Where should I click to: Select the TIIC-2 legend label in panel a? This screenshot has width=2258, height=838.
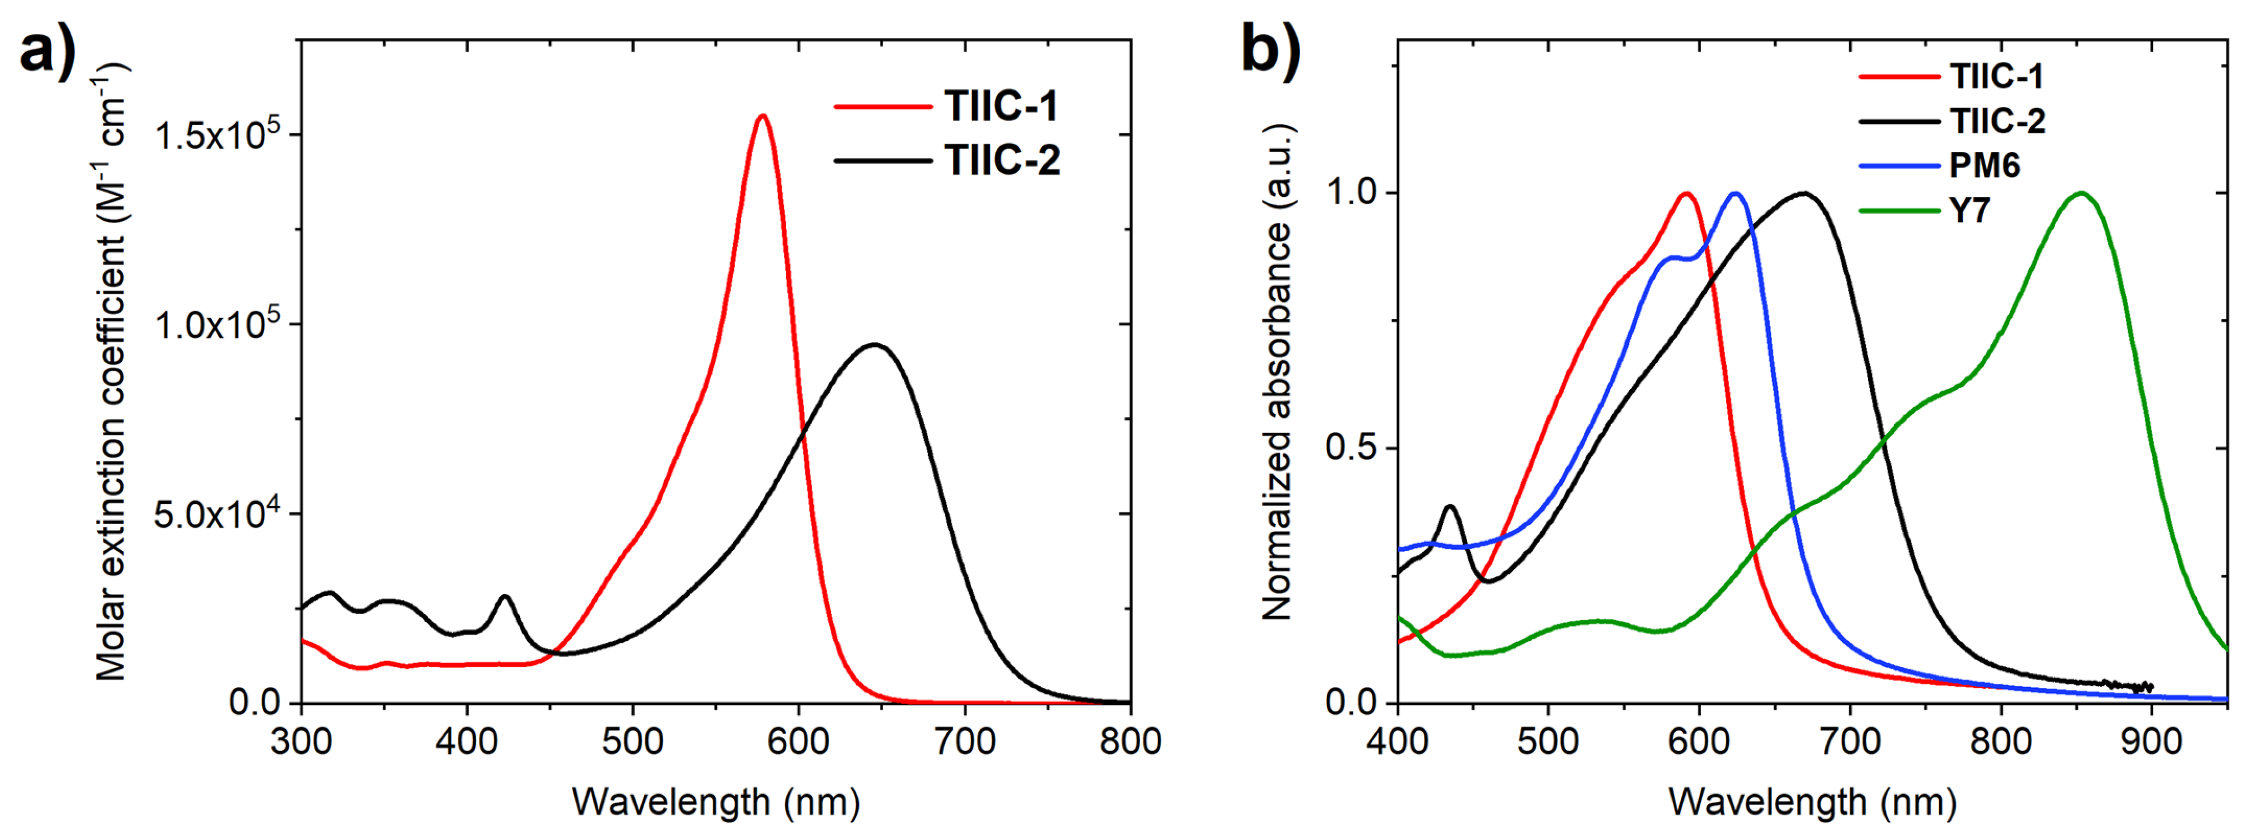pyautogui.click(x=1002, y=160)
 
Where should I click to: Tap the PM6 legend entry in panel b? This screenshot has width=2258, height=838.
pyautogui.click(x=1984, y=166)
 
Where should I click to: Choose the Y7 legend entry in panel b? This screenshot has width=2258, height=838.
pyautogui.click(x=1970, y=210)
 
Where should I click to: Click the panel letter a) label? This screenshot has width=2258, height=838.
pyautogui.click(x=48, y=53)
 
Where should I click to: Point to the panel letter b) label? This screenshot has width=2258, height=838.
pyautogui.click(x=1271, y=53)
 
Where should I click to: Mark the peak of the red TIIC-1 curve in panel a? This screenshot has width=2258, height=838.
pyautogui.click(x=763, y=115)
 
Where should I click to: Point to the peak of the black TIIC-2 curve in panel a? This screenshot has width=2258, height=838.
pyautogui.click(x=874, y=345)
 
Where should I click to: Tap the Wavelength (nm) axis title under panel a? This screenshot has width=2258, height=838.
pyautogui.click(x=716, y=802)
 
